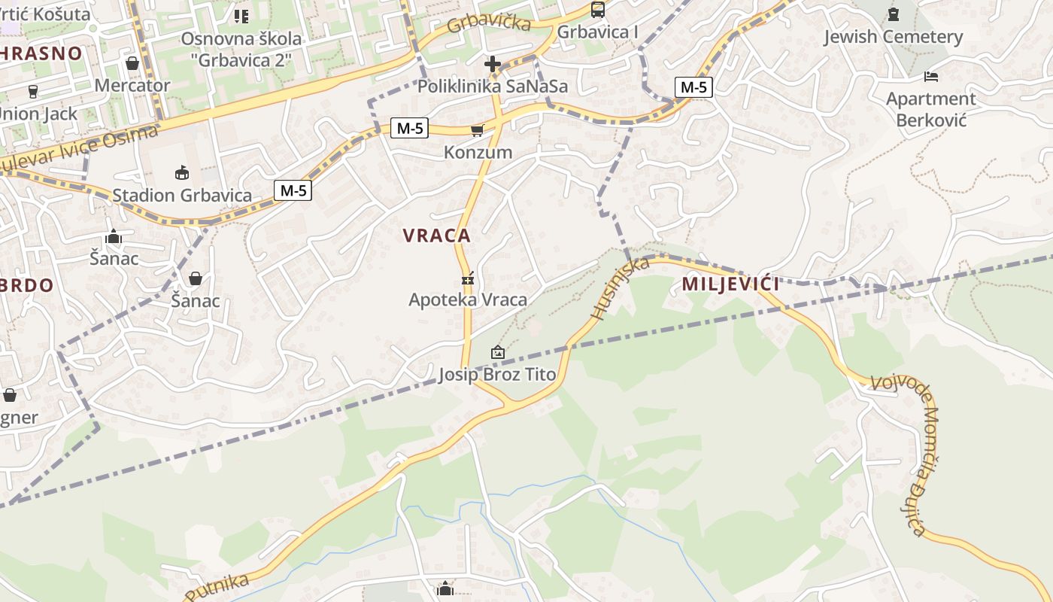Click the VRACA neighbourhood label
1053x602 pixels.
pos(437,236)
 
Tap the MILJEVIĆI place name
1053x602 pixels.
pos(730,284)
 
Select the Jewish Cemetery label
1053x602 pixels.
pos(893,37)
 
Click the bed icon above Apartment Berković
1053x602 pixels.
pos(931,77)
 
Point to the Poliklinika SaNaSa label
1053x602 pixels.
pos(493,86)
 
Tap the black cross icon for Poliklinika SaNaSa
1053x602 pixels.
pos(493,64)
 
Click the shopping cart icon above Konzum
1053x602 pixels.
pos(477,131)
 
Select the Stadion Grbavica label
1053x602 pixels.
pos(182,196)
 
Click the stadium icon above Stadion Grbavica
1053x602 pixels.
pos(181,173)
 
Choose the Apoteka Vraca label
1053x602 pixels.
pos(468,299)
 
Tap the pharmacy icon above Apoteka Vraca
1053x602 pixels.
pos(468,279)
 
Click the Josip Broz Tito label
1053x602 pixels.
pos(497,374)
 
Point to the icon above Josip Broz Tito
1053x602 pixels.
pos(497,352)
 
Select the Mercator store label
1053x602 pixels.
pos(132,85)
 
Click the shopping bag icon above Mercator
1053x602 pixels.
pos(132,63)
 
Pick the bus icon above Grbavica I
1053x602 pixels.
pos(598,10)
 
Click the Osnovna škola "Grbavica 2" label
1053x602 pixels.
pos(241,48)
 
